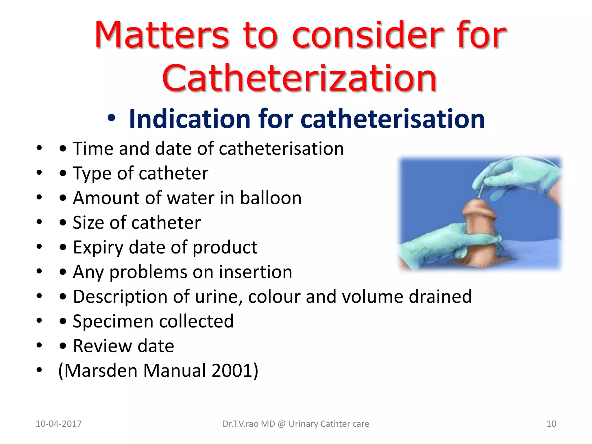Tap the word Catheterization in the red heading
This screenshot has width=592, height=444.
(299, 79)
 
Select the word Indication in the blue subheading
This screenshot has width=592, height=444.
(190, 119)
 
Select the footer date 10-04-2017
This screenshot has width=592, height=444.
(59, 424)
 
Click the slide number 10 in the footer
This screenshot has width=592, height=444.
(551, 424)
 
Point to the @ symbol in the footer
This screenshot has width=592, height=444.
(282, 424)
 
